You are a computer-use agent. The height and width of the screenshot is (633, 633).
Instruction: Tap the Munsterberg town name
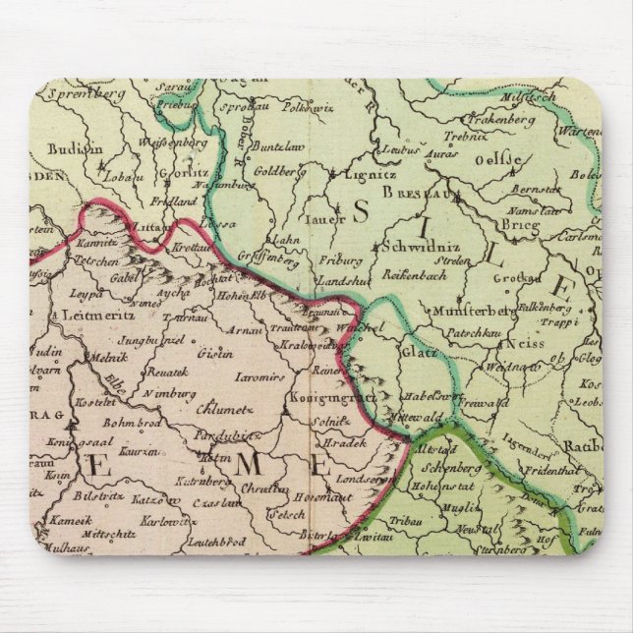click(467, 311)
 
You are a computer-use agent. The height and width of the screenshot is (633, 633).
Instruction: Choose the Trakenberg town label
click(541, 119)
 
